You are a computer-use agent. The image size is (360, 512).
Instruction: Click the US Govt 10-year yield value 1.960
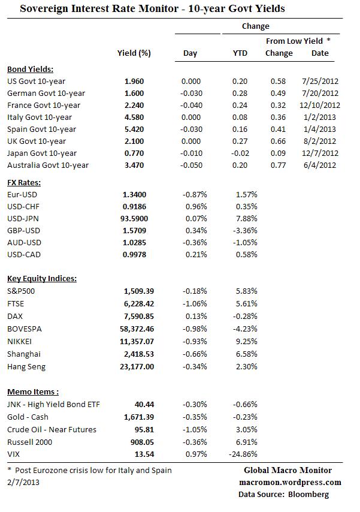coord(134,81)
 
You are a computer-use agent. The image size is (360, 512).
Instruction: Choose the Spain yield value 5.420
coord(134,129)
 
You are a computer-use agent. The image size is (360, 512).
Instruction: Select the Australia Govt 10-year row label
coord(48,165)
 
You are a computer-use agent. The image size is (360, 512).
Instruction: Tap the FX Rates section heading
coord(23,182)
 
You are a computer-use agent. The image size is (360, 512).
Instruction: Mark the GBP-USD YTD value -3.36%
coord(244,230)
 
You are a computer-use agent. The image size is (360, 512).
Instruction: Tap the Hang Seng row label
coord(26,366)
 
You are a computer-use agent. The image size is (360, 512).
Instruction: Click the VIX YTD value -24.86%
coord(243,454)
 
